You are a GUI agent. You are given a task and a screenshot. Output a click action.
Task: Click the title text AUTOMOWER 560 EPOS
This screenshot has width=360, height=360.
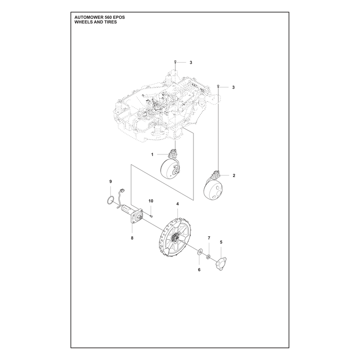pyautogui.click(x=99, y=18)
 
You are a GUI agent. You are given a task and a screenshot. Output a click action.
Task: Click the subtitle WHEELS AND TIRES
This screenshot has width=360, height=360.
pyautogui.click(x=96, y=22)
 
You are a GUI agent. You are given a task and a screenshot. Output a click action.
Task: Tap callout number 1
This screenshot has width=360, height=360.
pyautogui.click(x=152, y=154)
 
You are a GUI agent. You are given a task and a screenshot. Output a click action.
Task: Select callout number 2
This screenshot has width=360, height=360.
pyautogui.click(x=234, y=175)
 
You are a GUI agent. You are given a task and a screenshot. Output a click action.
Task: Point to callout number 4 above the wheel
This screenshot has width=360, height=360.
pyautogui.click(x=177, y=204)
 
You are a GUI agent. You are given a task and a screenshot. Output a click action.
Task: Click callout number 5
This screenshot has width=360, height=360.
pyautogui.click(x=221, y=242)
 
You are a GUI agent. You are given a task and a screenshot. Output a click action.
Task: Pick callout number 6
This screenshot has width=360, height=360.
pyautogui.click(x=199, y=270)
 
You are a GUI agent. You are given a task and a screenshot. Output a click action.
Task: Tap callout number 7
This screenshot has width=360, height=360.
pyautogui.click(x=209, y=238)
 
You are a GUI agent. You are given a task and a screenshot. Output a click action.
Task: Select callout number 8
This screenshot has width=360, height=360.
pyautogui.click(x=132, y=238)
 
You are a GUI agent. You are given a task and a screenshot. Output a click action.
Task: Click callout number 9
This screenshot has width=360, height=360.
pyautogui.click(x=110, y=182)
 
